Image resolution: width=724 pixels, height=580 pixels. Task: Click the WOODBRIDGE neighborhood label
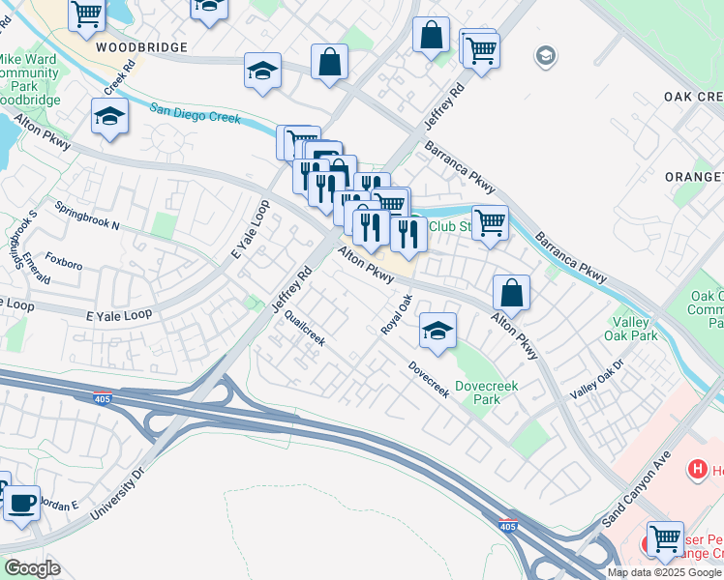pyautogui.click(x=140, y=45)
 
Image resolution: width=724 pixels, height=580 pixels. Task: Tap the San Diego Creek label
pyautogui.click(x=195, y=114)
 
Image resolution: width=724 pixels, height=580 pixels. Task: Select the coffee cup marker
pyautogui.click(x=21, y=504)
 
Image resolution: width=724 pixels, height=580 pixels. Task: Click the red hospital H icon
pyautogui.click(x=695, y=470)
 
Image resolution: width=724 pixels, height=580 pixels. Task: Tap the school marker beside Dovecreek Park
pyautogui.click(x=437, y=331)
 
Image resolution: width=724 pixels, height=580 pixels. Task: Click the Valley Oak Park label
pyautogui.click(x=635, y=329)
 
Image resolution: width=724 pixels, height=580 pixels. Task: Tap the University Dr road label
pyautogui.click(x=117, y=493)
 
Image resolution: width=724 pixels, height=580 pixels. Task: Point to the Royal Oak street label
pyautogui.click(x=390, y=315)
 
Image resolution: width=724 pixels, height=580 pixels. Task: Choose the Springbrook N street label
pyautogui.click(x=86, y=217)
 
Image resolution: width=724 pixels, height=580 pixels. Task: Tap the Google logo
pyautogui.click(x=32, y=568)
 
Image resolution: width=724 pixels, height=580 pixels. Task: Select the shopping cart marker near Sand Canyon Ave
pyautogui.click(x=664, y=539)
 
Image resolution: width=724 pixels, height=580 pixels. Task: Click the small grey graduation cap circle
pyautogui.click(x=546, y=55)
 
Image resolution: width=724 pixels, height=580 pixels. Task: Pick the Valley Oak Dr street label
pyautogui.click(x=597, y=379)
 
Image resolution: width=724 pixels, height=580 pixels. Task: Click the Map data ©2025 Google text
pyautogui.click(x=664, y=572)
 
